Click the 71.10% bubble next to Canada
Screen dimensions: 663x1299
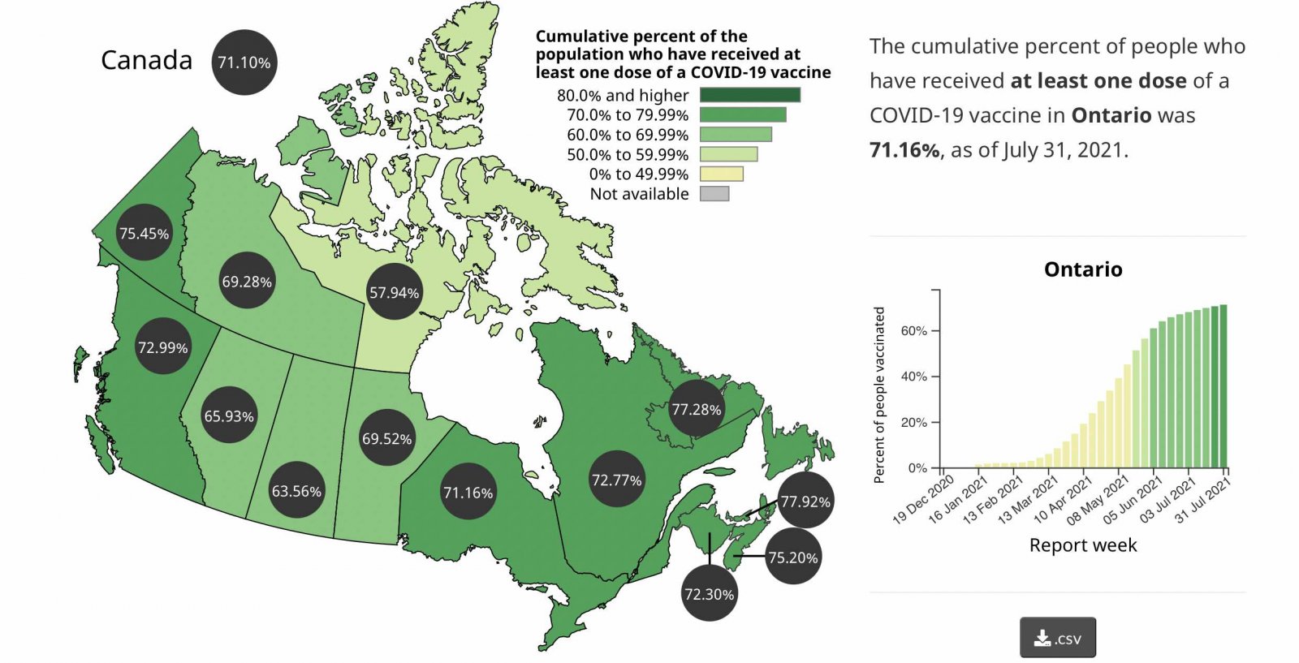pyautogui.click(x=244, y=62)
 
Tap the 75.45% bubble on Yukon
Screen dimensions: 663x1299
pyautogui.click(x=145, y=234)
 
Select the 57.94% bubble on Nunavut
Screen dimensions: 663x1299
pyautogui.click(x=395, y=292)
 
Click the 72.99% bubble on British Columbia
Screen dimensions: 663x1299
pyautogui.click(x=163, y=347)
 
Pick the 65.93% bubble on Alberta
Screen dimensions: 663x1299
pyautogui.click(x=229, y=416)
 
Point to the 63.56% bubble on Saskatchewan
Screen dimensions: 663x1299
pyautogui.click(x=296, y=491)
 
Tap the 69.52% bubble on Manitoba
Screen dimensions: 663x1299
pyautogui.click(x=387, y=439)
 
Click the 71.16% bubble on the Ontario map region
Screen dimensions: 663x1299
pyautogui.click(x=468, y=493)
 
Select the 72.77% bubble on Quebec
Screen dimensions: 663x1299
pyautogui.click(x=617, y=480)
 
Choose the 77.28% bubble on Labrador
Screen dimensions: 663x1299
pyautogui.click(x=697, y=410)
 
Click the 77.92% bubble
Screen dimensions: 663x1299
pyautogui.click(x=805, y=502)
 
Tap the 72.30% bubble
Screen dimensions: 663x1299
pyautogui.click(x=710, y=594)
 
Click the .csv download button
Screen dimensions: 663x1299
pyautogui.click(x=1058, y=638)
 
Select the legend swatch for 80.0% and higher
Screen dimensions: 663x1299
pyautogui.click(x=750, y=95)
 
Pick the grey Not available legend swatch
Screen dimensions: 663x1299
pyautogui.click(x=714, y=194)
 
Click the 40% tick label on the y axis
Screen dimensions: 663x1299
pyautogui.click(x=913, y=377)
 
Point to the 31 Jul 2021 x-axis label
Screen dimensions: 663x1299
pyautogui.click(x=1204, y=501)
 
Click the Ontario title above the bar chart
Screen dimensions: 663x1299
pyautogui.click(x=1083, y=269)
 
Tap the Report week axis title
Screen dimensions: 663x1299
pyautogui.click(x=1083, y=545)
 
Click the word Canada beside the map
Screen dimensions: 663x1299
pyautogui.click(x=147, y=60)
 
